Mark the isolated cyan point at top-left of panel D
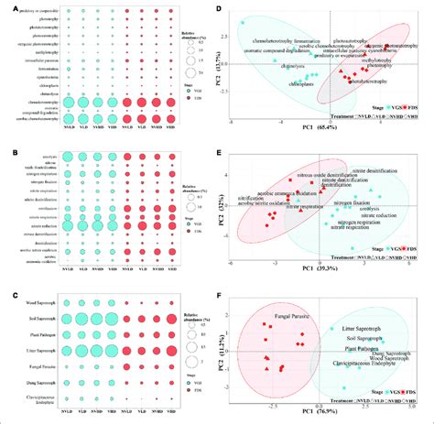(241, 21)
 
